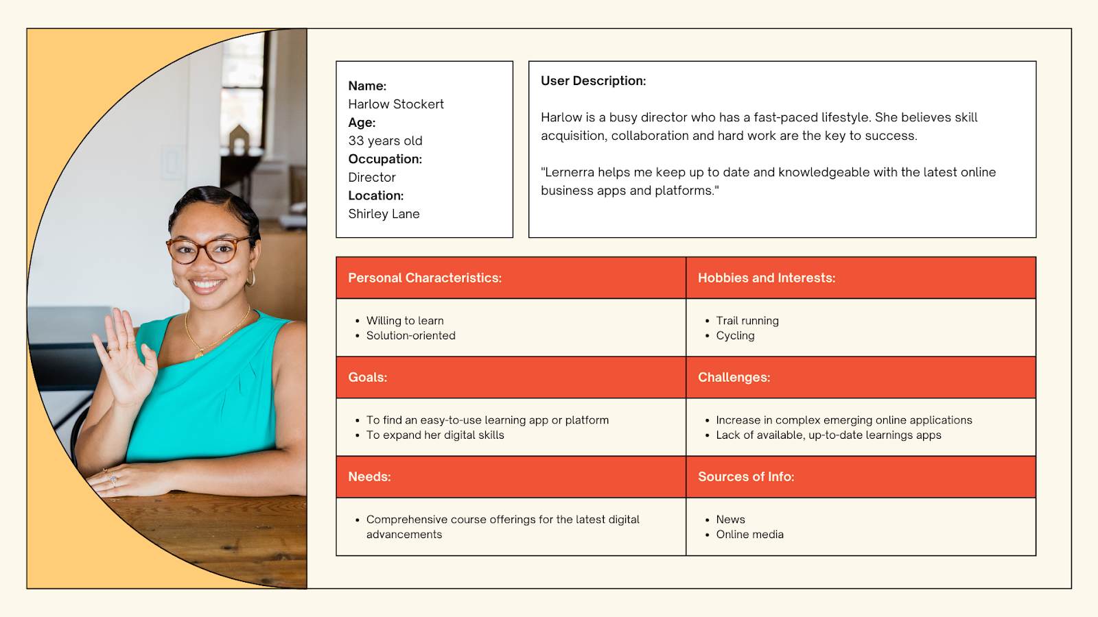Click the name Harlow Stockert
pyautogui.click(x=396, y=104)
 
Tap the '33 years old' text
pyautogui.click(x=385, y=141)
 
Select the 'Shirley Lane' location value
pyautogui.click(x=384, y=214)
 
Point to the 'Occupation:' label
pyautogui.click(x=385, y=159)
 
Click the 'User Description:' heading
pyautogui.click(x=593, y=81)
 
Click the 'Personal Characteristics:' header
pyautogui.click(x=425, y=278)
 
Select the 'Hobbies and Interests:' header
pyautogui.click(x=767, y=278)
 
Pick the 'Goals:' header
pyautogui.click(x=368, y=377)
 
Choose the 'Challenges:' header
pyautogui.click(x=734, y=377)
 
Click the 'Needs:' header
pyautogui.click(x=369, y=476)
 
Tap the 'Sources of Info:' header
pyautogui.click(x=746, y=476)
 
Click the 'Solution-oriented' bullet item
pyautogui.click(x=410, y=335)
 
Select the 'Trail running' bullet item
pyautogui.click(x=747, y=320)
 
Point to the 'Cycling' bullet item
pyautogui.click(x=735, y=335)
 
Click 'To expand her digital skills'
pyautogui.click(x=435, y=435)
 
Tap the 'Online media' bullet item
pyautogui.click(x=749, y=534)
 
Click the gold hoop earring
pyautogui.click(x=250, y=278)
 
